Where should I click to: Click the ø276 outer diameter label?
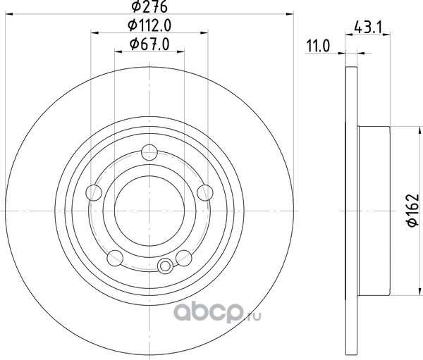(149, 7)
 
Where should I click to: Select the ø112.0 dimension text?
(149, 26)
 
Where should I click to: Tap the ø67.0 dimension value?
(149, 44)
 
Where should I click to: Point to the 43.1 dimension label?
(368, 27)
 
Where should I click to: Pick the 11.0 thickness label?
(319, 46)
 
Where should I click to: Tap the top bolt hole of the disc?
(149, 152)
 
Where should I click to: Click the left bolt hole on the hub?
(94, 193)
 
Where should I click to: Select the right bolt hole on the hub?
(205, 193)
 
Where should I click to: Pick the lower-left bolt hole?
(115, 258)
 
